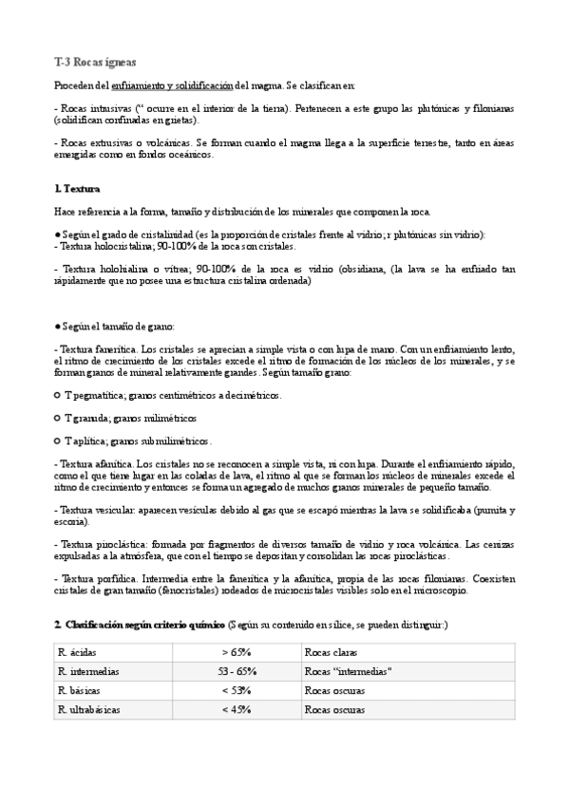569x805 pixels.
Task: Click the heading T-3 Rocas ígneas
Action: tap(95, 63)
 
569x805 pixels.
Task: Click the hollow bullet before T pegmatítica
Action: tap(58, 395)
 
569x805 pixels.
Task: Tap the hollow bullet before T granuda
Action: tap(58, 418)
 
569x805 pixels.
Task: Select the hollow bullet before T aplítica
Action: tap(58, 440)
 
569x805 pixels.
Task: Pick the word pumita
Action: tap(498, 510)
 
